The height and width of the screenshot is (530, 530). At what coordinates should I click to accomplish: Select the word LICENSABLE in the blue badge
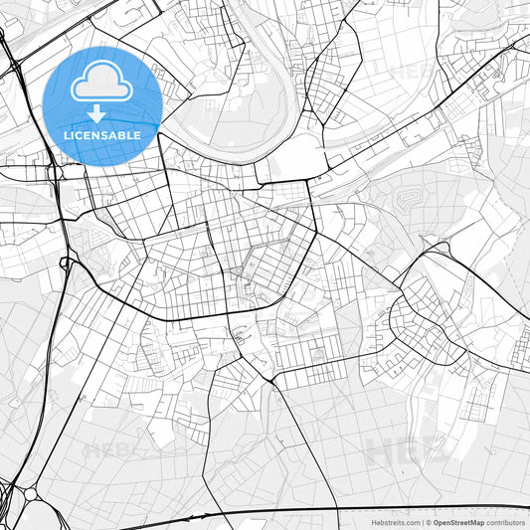[x=102, y=134]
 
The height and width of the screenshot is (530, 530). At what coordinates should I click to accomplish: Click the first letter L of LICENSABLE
[x=67, y=134]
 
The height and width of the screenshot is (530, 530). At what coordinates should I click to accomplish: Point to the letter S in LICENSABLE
[x=106, y=134]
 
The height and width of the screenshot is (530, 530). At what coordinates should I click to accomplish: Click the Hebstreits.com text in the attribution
[x=393, y=522]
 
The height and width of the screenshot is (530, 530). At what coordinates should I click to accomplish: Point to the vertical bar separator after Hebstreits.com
[x=421, y=522]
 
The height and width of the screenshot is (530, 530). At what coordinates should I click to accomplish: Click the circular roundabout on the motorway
[x=30, y=494]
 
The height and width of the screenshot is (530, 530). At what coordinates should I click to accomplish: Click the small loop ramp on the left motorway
[x=66, y=264]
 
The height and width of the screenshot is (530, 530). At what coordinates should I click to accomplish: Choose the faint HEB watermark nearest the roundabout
[x=109, y=450]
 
